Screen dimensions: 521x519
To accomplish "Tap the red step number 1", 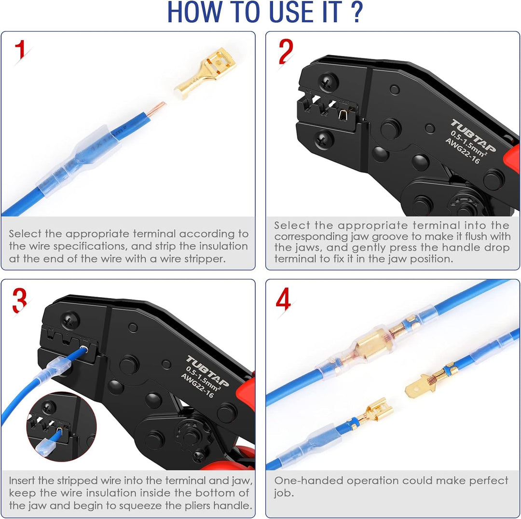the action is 21,50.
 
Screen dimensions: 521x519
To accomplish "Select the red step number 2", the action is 286,51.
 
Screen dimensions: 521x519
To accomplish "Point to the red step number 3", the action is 20,300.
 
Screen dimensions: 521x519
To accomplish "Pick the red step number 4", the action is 284,299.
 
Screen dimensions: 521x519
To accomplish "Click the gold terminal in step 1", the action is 206,73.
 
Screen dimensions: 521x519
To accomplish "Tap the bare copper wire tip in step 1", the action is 156,109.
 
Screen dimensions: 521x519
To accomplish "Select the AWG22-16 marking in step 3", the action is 197,385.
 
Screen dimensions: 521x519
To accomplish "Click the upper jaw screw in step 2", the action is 329,82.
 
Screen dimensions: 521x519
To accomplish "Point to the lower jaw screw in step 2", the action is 324,139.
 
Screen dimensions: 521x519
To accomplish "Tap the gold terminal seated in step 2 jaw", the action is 343,115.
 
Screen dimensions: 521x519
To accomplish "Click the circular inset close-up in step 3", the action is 61,426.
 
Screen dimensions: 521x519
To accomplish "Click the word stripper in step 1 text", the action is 205,259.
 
